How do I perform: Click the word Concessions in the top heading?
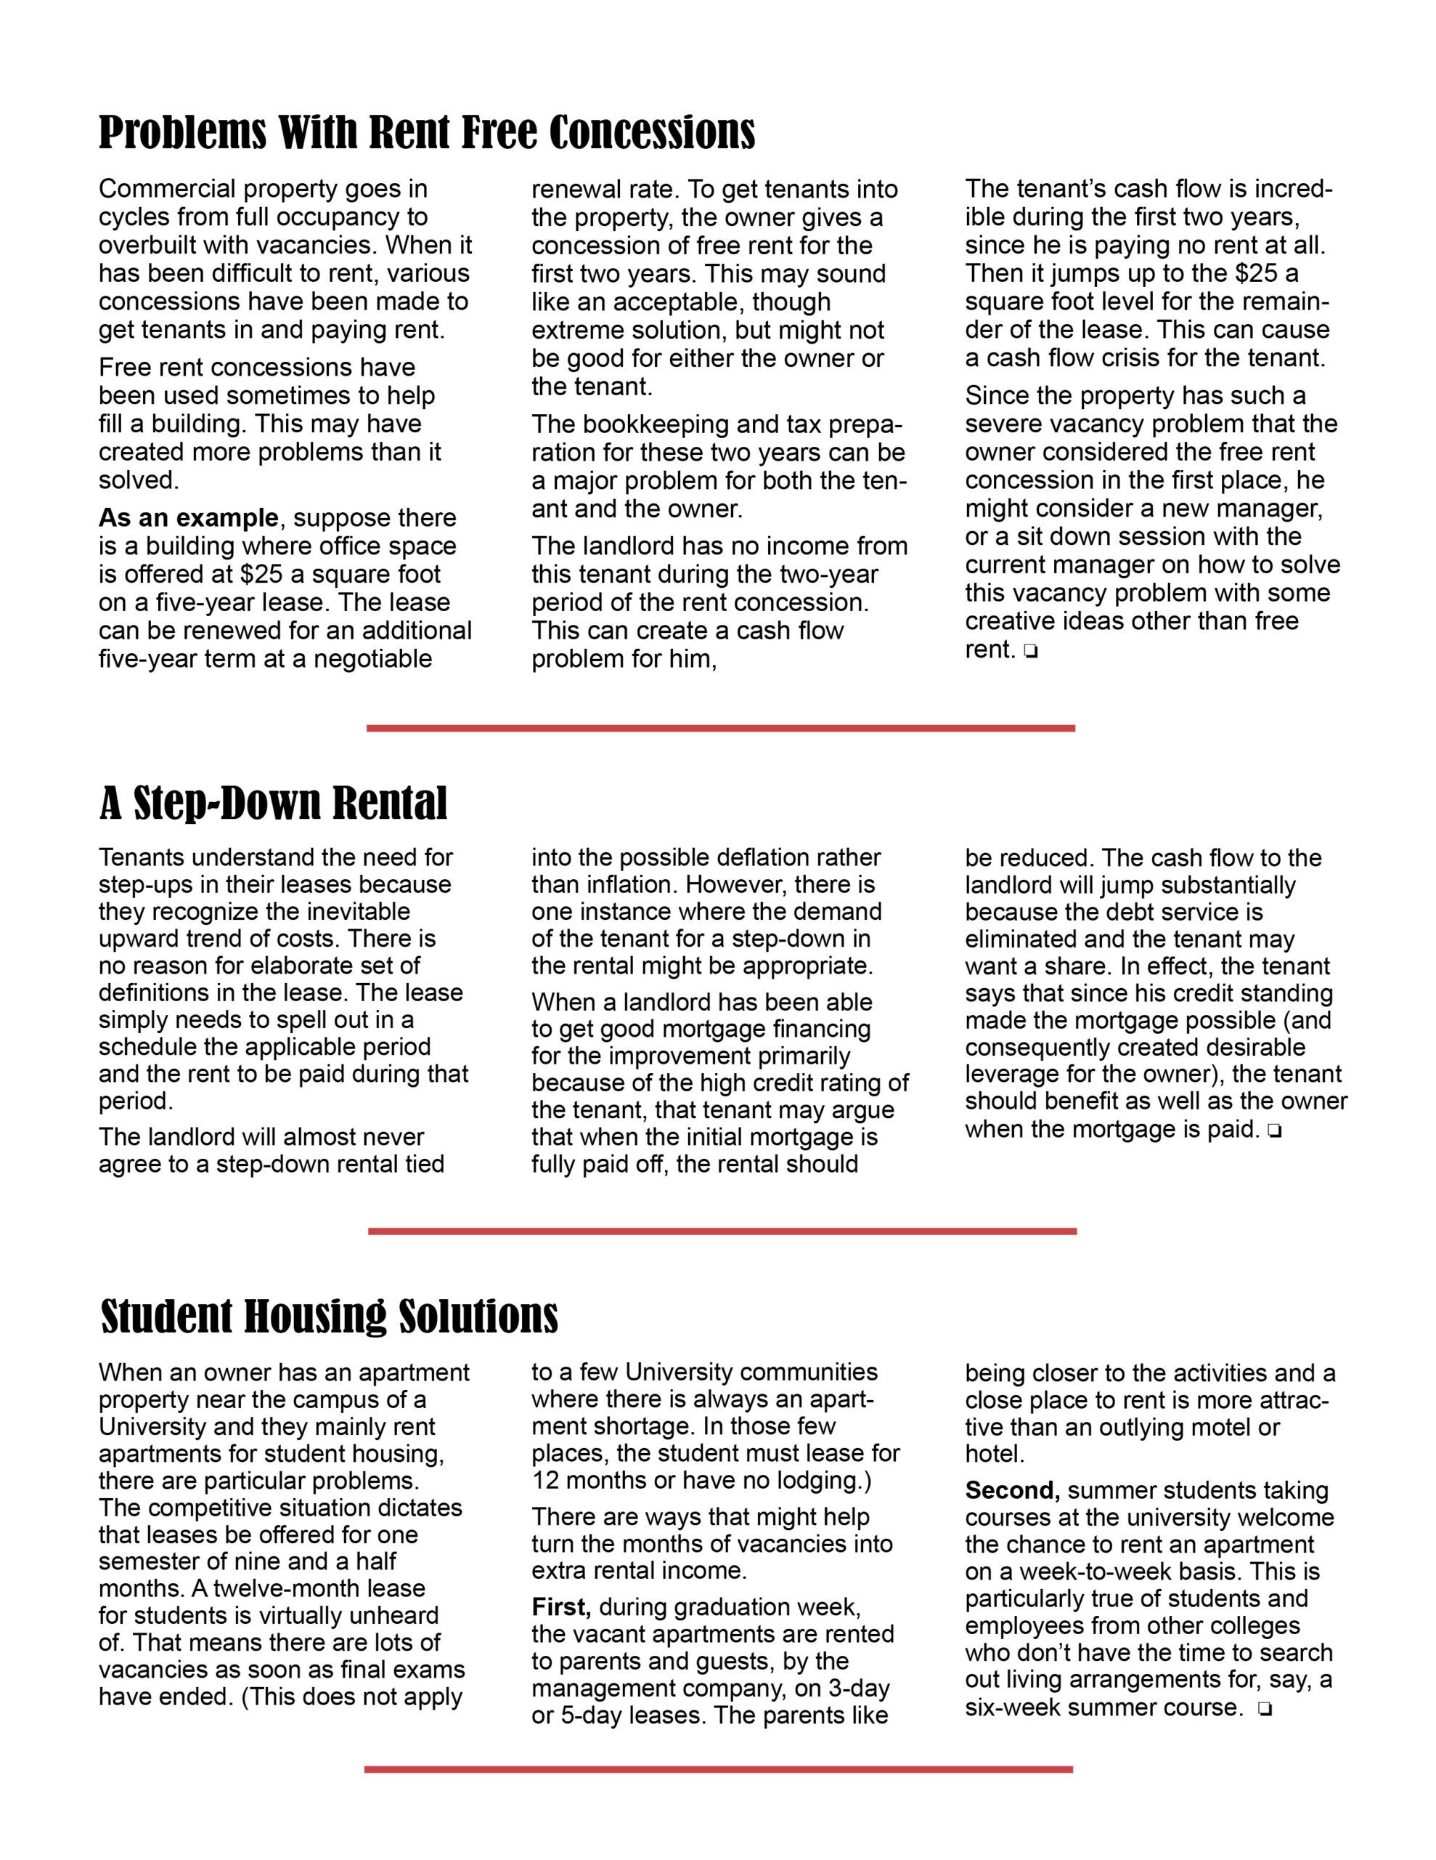651,134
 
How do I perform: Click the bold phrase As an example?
188,518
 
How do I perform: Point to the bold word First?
561,1607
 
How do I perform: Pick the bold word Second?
1012,1490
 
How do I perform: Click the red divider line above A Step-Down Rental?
720,728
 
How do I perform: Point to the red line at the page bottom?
719,1769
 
